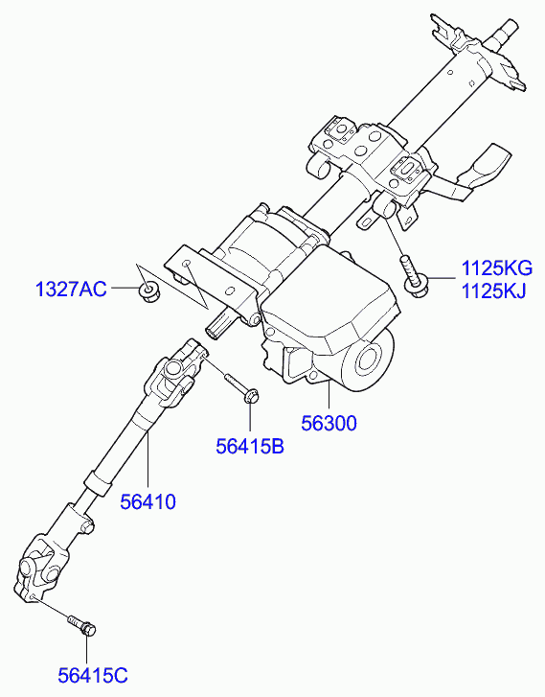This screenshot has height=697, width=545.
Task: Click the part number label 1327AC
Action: (71, 290)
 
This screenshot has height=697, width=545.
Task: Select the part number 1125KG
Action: (496, 268)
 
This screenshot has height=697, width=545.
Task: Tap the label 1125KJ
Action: (493, 291)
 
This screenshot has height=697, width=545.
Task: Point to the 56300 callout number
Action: (329, 423)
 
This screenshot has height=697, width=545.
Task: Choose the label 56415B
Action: (250, 447)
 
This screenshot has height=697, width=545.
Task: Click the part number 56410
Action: (148, 501)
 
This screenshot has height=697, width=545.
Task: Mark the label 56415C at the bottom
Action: (93, 675)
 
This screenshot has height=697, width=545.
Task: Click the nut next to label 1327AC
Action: (148, 290)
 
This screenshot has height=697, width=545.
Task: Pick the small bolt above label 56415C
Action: (82, 625)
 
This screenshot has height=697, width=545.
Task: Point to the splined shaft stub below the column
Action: (219, 326)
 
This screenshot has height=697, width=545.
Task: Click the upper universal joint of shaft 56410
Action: (177, 374)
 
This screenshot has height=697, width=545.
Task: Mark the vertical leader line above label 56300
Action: (329, 396)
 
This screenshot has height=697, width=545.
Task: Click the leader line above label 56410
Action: (147, 461)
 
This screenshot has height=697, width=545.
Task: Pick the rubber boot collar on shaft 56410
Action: (97, 481)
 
